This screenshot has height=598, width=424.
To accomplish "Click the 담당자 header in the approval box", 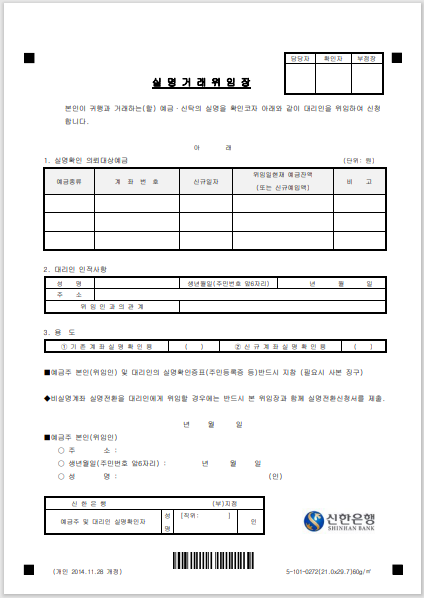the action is (x=301, y=59).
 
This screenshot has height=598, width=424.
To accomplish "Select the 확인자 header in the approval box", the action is (x=334, y=59).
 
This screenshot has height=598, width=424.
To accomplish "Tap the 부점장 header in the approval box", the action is (x=367, y=59).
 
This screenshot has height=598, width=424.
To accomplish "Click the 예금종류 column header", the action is (x=68, y=181).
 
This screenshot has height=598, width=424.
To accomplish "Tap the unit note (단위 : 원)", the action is (x=358, y=160).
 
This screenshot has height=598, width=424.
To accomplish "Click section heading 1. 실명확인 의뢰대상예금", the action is (x=85, y=160).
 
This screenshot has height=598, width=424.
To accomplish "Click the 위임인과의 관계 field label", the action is (x=108, y=306).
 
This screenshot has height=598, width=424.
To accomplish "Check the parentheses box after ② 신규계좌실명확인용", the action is (x=363, y=346).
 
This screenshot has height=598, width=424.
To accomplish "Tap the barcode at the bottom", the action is (x=211, y=559).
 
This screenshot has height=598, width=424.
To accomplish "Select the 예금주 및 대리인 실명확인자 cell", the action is (x=104, y=522).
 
